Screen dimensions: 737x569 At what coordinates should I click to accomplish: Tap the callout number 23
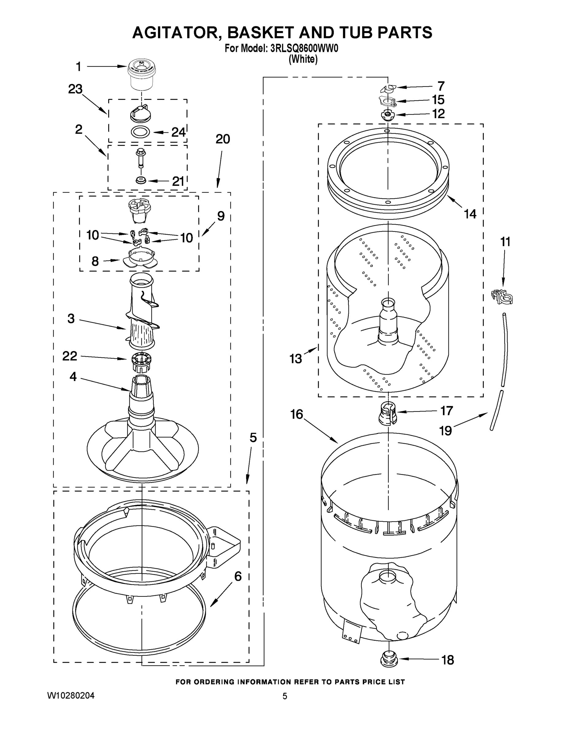tap(75, 89)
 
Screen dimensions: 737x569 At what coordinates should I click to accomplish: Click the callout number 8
tap(95, 261)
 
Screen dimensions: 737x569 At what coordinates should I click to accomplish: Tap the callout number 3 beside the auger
tap(71, 318)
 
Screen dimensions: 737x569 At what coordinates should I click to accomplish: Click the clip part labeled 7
tap(388, 88)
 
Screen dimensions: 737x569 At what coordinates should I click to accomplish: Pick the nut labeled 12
tap(387, 115)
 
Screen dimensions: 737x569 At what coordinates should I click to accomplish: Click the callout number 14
tap(470, 214)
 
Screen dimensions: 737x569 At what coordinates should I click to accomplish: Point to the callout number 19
tap(446, 431)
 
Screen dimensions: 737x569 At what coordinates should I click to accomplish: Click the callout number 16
tap(297, 414)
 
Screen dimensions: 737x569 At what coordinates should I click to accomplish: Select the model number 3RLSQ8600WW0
tap(304, 49)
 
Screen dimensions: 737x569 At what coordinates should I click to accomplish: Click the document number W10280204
tap(71, 696)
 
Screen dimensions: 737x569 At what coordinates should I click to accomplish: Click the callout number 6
tap(238, 576)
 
